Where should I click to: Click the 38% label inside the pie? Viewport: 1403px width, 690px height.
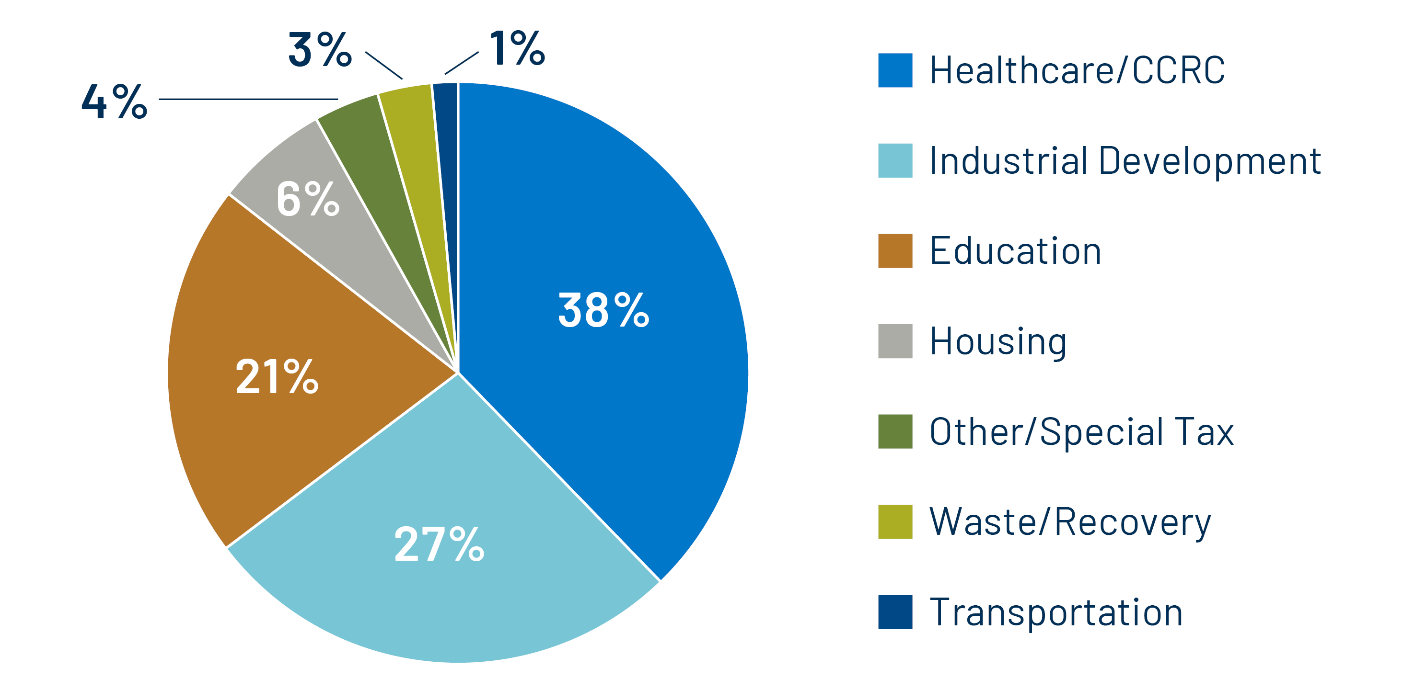603,310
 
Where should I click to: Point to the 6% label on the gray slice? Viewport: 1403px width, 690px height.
308,199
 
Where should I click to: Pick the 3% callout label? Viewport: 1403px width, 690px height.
320,49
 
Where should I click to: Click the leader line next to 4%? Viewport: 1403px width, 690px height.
248,99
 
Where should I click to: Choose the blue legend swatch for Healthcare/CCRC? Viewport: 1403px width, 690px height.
895,70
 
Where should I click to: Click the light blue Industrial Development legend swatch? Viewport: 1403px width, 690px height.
895,160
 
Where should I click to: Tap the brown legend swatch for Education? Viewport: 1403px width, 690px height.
895,251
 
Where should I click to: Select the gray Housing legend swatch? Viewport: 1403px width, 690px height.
895,341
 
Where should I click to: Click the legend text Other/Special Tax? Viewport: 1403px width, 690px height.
1081,432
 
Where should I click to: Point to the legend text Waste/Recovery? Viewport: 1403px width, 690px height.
1070,522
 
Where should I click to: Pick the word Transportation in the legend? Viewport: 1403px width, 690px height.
1056,612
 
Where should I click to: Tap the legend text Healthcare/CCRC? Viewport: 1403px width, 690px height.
1077,70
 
